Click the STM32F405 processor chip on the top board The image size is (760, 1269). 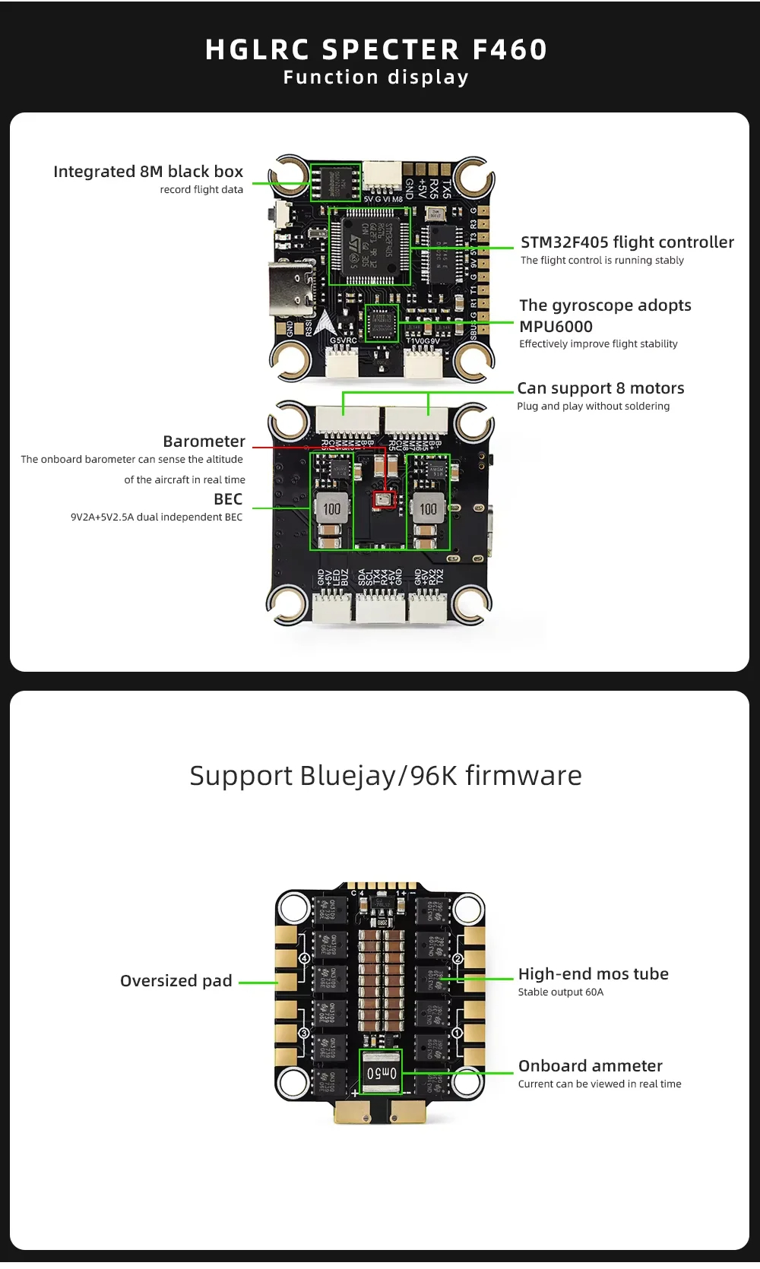pyautogui.click(x=369, y=246)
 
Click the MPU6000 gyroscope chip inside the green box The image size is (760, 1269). pyautogui.click(x=382, y=323)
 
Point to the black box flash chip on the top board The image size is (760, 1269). pyautogui.click(x=335, y=182)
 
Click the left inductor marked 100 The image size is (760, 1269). pyautogui.click(x=332, y=508)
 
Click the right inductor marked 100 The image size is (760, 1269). pyautogui.click(x=429, y=508)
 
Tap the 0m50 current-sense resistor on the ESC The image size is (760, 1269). pyautogui.click(x=382, y=1073)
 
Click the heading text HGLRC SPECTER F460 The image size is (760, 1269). pyautogui.click(x=376, y=49)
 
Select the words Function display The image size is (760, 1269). pyautogui.click(x=376, y=78)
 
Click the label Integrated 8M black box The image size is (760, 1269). pyautogui.click(x=148, y=172)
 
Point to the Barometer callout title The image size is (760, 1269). pyautogui.click(x=204, y=441)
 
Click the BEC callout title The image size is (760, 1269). pyautogui.click(x=228, y=499)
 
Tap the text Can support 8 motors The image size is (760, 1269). pyautogui.click(x=600, y=388)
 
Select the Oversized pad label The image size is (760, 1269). pyautogui.click(x=176, y=981)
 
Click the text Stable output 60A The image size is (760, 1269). pyautogui.click(x=561, y=992)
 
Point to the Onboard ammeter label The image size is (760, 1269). pyautogui.click(x=591, y=1066)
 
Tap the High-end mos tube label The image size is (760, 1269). pyautogui.click(x=594, y=974)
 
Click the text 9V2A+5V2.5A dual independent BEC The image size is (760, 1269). pyautogui.click(x=157, y=517)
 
